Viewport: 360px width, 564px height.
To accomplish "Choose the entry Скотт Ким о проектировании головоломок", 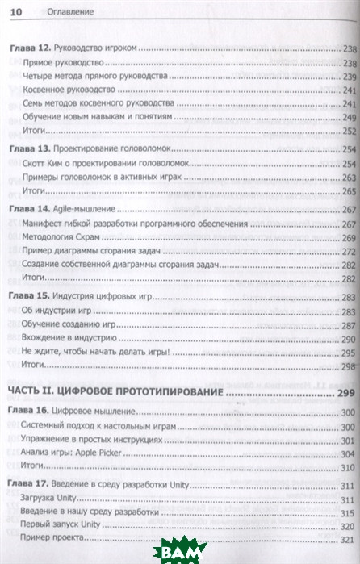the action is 107,164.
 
